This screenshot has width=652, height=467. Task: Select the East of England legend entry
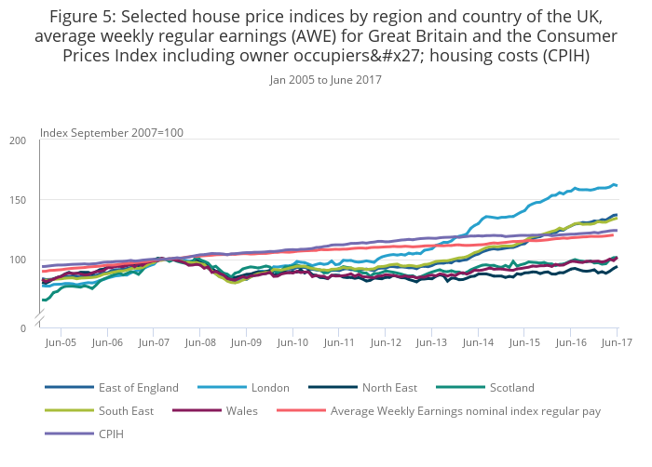coord(138,387)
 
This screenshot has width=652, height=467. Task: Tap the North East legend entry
coord(389,387)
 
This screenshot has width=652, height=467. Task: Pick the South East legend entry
coord(125,410)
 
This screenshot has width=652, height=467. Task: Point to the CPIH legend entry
coord(111,434)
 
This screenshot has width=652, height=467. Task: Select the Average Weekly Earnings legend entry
coord(466,410)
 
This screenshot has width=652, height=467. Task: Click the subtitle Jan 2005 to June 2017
coord(326,80)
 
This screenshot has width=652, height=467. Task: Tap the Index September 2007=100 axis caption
coord(112,132)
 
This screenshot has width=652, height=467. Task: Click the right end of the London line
coord(616,185)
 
